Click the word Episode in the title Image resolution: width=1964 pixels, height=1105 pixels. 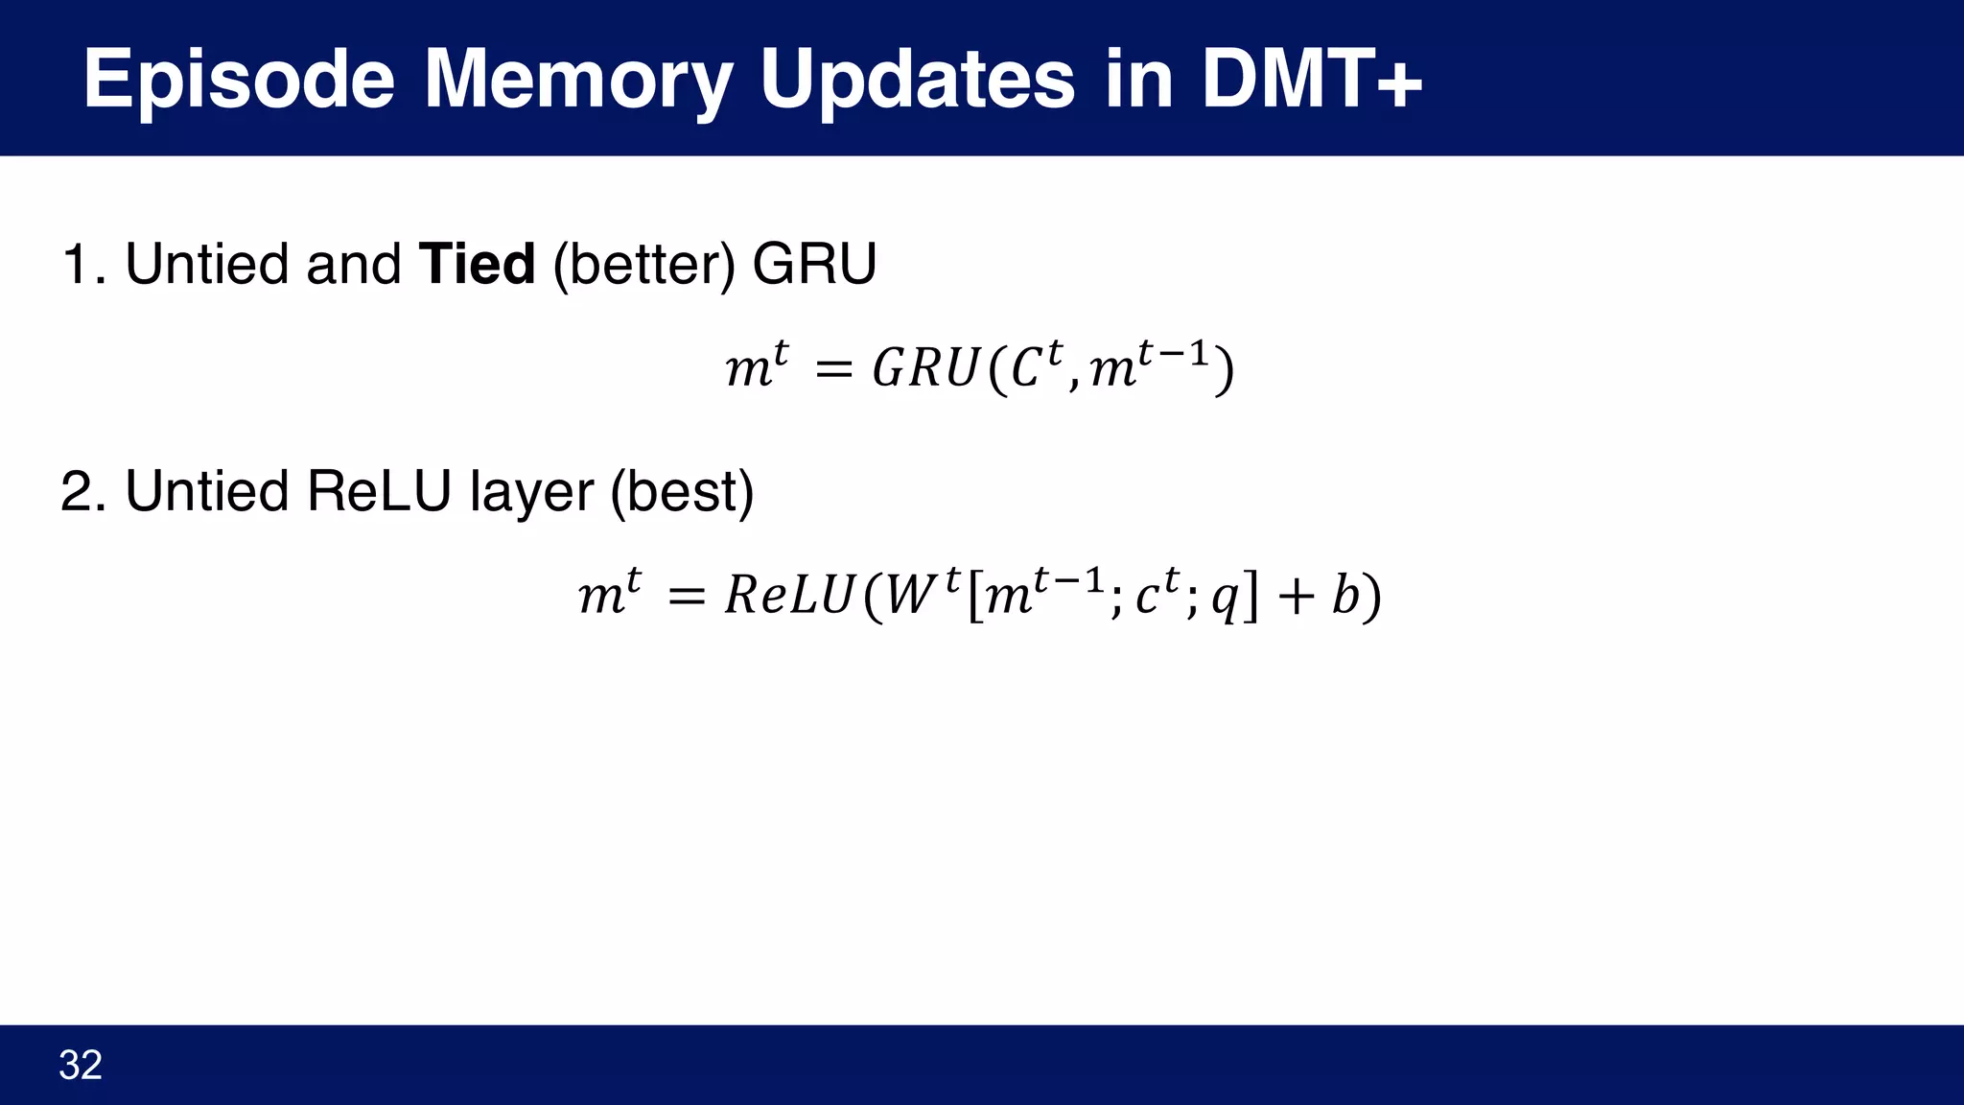(x=238, y=81)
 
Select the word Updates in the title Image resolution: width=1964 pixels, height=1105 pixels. (x=917, y=81)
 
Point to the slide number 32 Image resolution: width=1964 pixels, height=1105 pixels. (x=81, y=1066)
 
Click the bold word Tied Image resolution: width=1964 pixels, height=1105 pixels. (x=477, y=265)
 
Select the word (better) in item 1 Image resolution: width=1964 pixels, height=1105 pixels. (x=643, y=265)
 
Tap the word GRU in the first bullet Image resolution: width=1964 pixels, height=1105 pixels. (x=814, y=265)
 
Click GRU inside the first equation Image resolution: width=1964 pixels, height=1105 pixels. (x=924, y=369)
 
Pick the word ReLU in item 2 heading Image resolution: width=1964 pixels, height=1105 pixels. (x=379, y=492)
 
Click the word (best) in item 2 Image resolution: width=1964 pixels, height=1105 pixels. (x=682, y=492)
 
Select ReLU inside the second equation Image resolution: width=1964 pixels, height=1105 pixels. (x=788, y=596)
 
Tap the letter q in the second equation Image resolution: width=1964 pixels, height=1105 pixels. (x=1224, y=600)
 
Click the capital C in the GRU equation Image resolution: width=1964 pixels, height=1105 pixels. (x=1025, y=369)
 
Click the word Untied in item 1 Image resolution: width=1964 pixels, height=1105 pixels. (x=206, y=265)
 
